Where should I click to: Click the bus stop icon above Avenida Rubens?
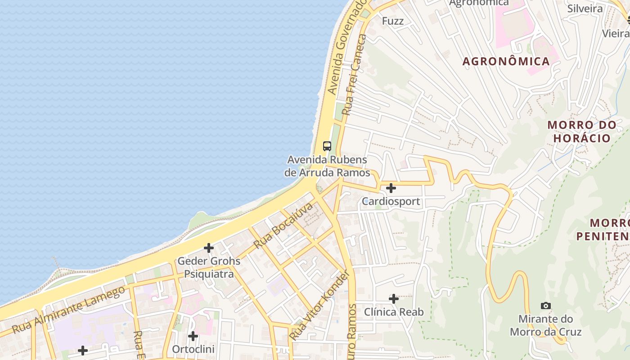327,146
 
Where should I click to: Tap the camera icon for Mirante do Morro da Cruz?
545,306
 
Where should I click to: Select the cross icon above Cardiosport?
391,188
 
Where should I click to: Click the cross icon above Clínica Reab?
394,298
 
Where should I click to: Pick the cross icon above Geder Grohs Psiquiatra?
209,247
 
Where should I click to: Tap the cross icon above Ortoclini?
193,336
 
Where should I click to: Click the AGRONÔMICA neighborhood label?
506,61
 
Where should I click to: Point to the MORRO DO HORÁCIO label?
581,131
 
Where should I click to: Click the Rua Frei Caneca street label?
355,75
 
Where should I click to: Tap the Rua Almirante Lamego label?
68,310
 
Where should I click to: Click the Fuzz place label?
393,21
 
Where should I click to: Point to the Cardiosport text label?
391,201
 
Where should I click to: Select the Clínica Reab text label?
394,312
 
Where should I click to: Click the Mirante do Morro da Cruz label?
545,325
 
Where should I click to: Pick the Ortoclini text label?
193,349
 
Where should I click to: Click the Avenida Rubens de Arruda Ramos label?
327,166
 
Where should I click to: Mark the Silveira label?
585,9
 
